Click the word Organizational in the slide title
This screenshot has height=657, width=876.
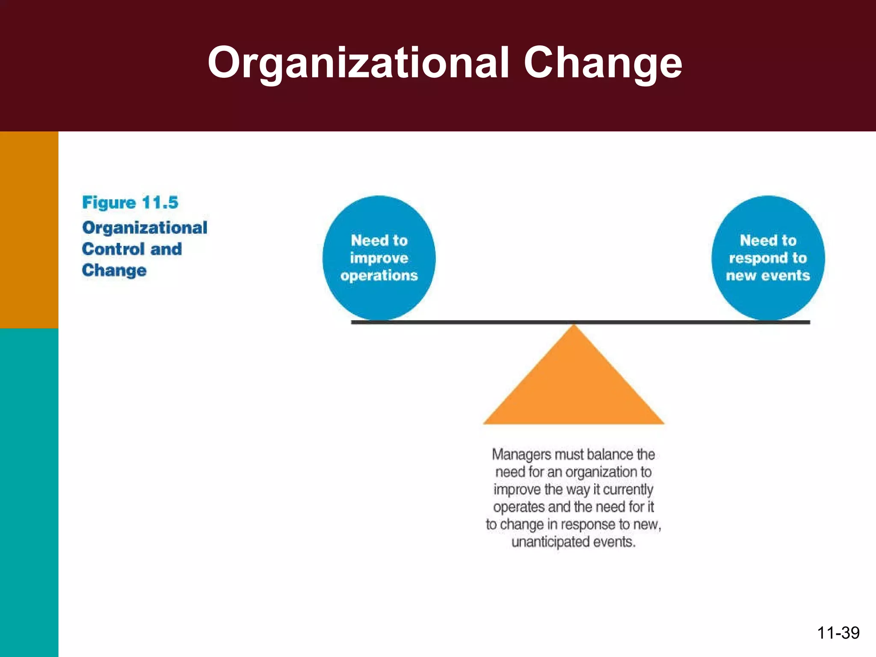pyautogui.click(x=358, y=63)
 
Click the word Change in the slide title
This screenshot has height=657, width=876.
pyautogui.click(x=603, y=63)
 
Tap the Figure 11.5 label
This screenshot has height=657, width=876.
pyautogui.click(x=130, y=202)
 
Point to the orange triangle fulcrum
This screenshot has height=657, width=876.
pyautogui.click(x=574, y=385)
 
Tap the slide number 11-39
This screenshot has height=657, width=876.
pyautogui.click(x=838, y=633)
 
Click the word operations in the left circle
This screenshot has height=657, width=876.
pyautogui.click(x=379, y=275)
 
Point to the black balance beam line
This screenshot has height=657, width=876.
pyautogui.click(x=471, y=322)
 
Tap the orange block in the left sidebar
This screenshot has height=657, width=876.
pyautogui.click(x=29, y=230)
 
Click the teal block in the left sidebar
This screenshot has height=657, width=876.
pyautogui.click(x=29, y=492)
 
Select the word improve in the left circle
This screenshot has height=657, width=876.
pyautogui.click(x=379, y=258)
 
